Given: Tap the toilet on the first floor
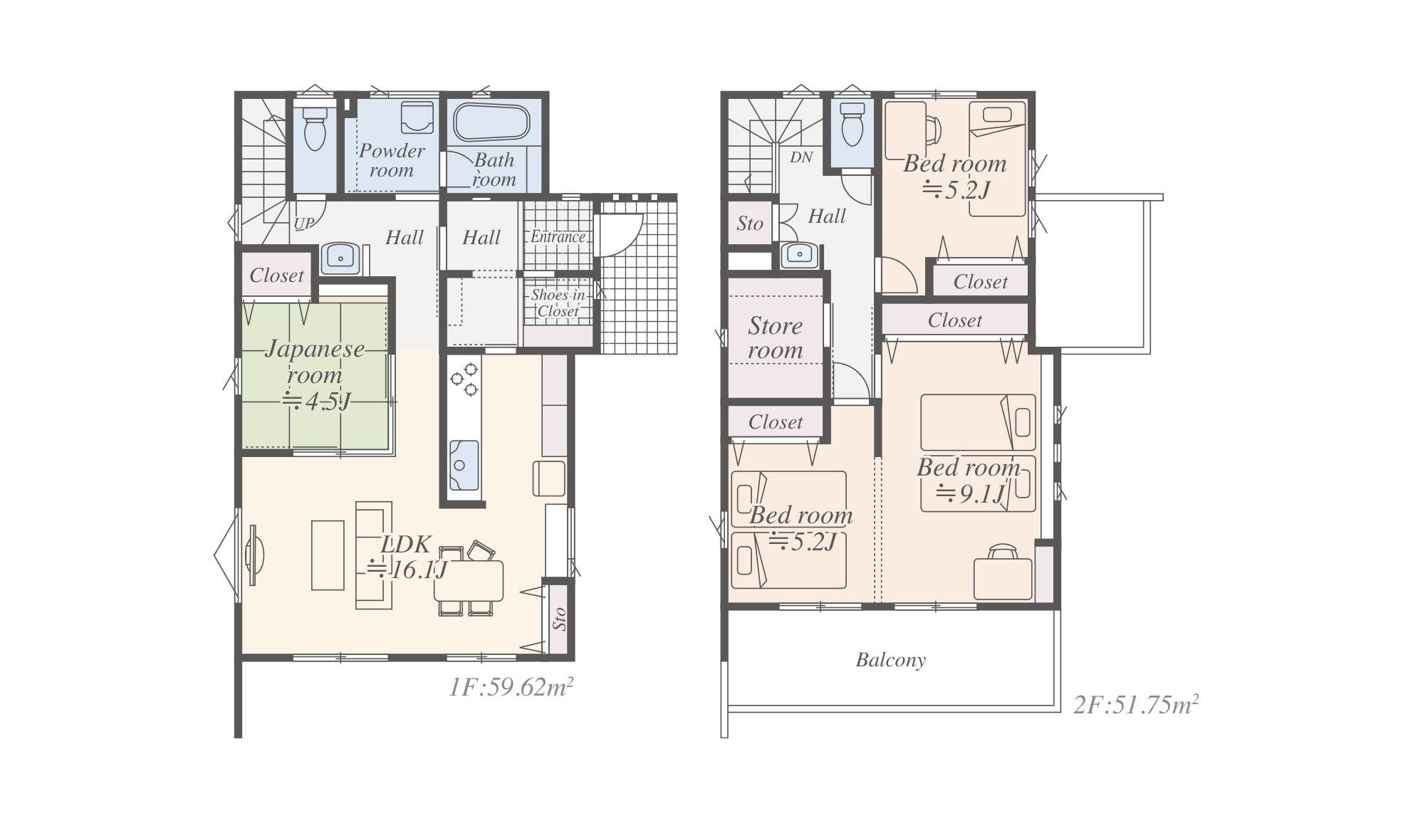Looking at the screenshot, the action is click(314, 128).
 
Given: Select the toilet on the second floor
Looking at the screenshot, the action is click(852, 124).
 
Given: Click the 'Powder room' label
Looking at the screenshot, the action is click(391, 160).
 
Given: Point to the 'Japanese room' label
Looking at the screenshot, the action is click(314, 362).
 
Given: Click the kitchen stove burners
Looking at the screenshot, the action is click(464, 379).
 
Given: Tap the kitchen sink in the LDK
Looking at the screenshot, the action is click(464, 465).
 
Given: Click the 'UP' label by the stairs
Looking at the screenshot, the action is click(304, 224).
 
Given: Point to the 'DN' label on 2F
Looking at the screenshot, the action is click(801, 157).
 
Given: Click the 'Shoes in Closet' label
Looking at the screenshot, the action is click(558, 303).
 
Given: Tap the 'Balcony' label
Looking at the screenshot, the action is click(891, 661).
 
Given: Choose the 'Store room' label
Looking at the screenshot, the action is click(775, 338).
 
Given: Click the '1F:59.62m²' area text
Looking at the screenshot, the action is click(511, 687).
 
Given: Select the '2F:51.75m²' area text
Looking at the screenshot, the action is click(1136, 704).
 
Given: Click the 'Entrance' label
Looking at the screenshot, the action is click(558, 237).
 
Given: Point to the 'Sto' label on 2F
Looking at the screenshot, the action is click(749, 224).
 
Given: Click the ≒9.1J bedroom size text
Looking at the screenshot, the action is click(970, 493).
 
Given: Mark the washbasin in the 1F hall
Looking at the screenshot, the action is click(340, 258).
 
